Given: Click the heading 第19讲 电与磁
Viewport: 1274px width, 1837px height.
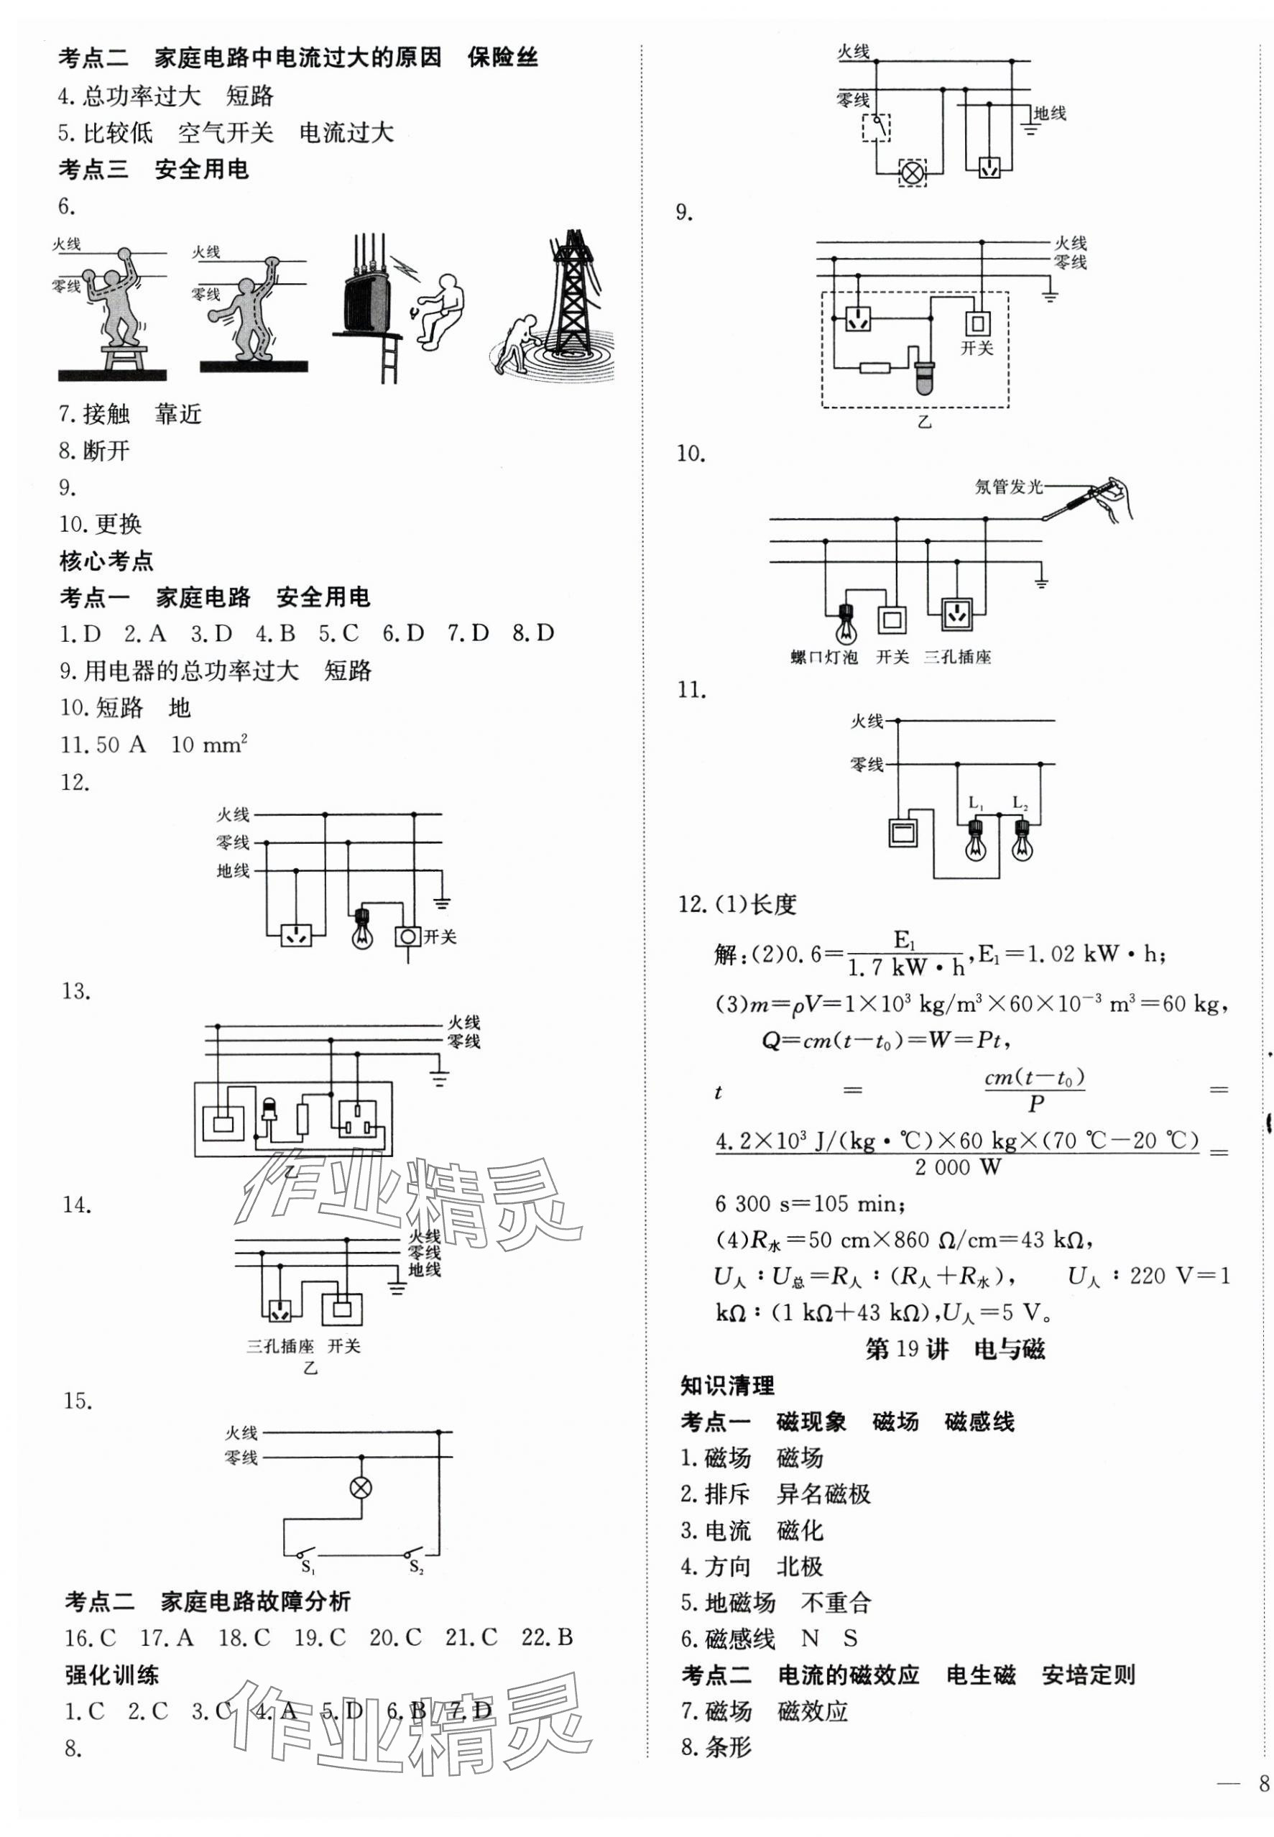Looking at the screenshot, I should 955,1349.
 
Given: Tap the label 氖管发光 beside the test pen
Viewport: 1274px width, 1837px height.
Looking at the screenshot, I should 1008,487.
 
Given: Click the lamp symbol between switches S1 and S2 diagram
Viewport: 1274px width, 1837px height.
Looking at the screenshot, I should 361,1487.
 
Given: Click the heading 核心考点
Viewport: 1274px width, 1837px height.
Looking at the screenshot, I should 106,561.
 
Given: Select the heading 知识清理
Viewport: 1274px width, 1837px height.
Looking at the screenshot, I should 726,1385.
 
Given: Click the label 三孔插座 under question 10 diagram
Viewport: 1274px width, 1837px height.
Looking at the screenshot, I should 957,657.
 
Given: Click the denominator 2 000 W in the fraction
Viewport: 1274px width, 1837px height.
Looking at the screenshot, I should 957,1167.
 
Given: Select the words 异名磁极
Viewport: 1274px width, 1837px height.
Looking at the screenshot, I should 823,1493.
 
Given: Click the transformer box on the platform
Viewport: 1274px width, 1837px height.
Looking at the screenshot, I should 368,300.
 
